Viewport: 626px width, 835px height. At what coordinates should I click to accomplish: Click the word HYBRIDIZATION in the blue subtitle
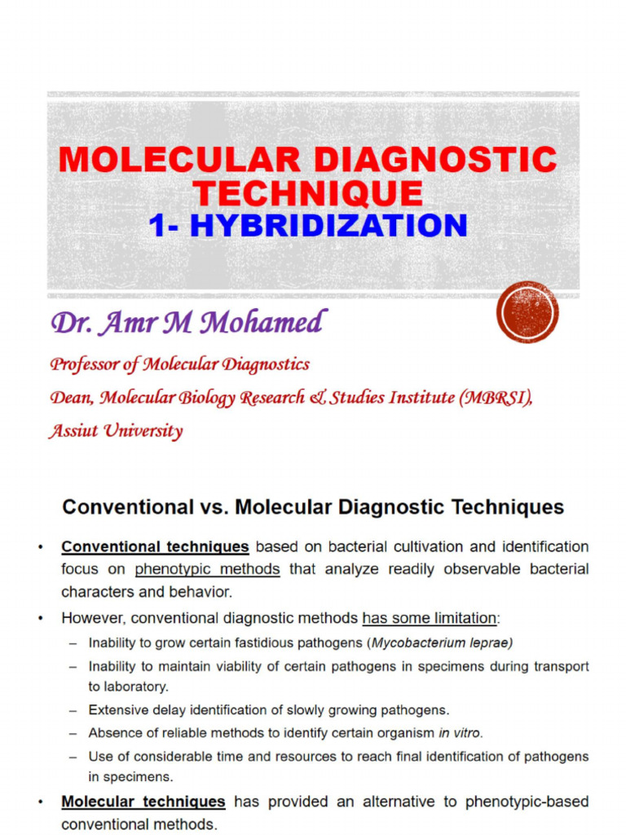[x=328, y=225]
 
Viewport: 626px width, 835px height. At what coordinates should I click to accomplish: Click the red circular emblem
[x=527, y=311]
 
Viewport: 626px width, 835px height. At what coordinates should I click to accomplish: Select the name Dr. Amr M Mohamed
[x=188, y=323]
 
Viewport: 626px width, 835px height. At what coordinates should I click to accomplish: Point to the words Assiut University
[x=115, y=431]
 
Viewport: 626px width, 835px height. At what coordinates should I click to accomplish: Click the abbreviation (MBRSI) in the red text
[x=496, y=398]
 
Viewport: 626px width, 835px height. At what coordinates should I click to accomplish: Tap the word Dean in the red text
[x=70, y=398]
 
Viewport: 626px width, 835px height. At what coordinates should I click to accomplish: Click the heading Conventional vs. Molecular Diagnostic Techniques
[x=313, y=507]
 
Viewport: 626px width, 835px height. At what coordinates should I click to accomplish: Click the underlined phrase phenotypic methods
[x=207, y=569]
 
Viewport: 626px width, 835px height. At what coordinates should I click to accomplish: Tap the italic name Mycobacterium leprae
[x=442, y=643]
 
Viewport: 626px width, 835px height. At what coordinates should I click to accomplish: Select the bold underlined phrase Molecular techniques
[x=143, y=802]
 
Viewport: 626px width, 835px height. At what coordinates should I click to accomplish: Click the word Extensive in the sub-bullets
[x=118, y=710]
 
